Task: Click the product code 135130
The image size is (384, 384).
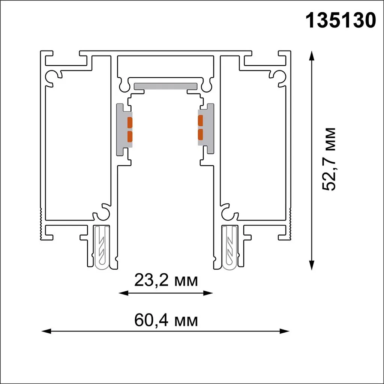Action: click(341, 21)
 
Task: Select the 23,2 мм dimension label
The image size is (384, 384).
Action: click(165, 280)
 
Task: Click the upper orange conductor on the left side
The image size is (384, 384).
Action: click(130, 122)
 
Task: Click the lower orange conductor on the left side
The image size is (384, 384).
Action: click(130, 136)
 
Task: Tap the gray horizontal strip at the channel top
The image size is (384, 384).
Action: click(165, 86)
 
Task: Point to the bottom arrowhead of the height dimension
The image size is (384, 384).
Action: click(311, 265)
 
